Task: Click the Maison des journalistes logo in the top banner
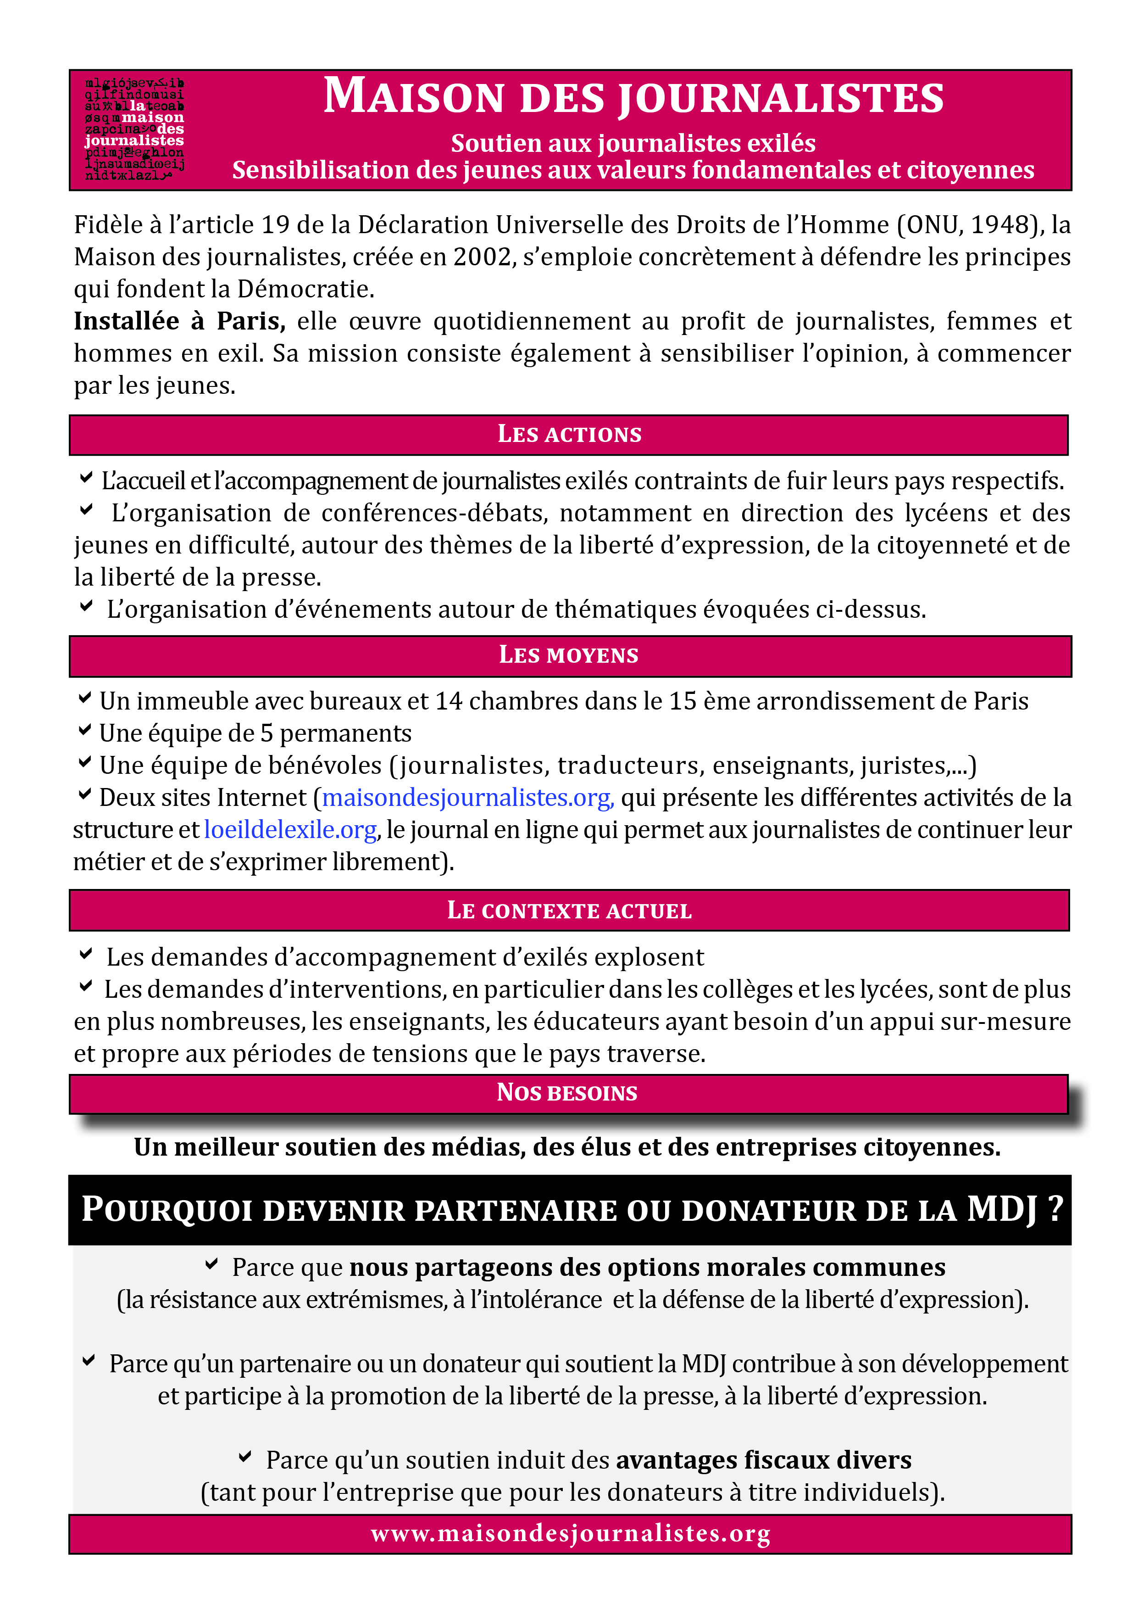pyautogui.click(x=134, y=130)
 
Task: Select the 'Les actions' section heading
pyautogui.click(x=569, y=435)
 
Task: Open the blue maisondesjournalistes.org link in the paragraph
pyautogui.click(x=467, y=798)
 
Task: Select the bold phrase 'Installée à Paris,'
pyautogui.click(x=179, y=321)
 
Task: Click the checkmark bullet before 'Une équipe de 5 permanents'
pyautogui.click(x=85, y=730)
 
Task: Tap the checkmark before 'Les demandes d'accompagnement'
pyautogui.click(x=85, y=954)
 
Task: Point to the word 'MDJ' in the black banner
pyautogui.click(x=1002, y=1210)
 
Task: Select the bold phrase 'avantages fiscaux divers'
pyautogui.click(x=764, y=1460)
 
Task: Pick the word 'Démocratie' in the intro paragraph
pyautogui.click(x=305, y=289)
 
